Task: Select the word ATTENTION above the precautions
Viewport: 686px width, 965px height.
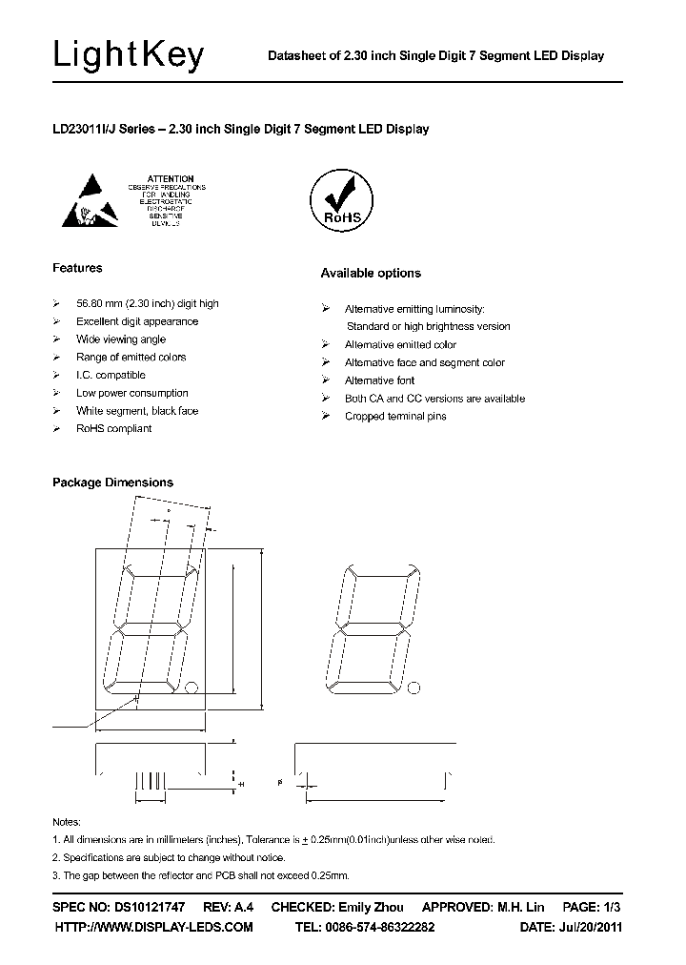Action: [x=171, y=178]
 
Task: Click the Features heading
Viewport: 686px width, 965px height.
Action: [x=77, y=268]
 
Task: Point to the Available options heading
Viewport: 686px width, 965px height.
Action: [x=370, y=273]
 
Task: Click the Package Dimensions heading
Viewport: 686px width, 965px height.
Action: [x=112, y=482]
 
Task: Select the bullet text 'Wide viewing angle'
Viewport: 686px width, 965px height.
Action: [x=121, y=339]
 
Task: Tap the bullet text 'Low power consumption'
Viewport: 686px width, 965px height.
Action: [x=132, y=393]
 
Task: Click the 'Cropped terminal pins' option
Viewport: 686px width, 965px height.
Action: [x=395, y=417]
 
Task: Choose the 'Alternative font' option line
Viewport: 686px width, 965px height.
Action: [x=379, y=380]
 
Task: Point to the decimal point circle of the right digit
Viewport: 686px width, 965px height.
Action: [x=412, y=687]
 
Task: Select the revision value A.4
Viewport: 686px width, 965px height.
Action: [x=245, y=907]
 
